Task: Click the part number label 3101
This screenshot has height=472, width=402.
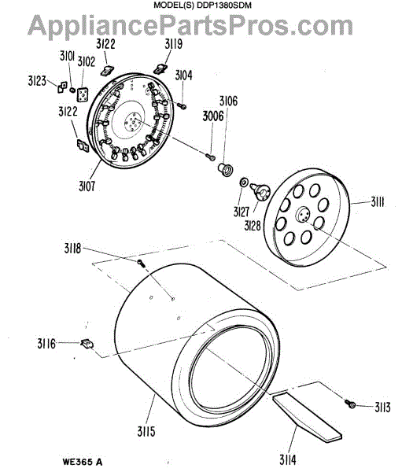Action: coord(67,56)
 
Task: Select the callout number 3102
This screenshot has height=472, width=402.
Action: coord(86,61)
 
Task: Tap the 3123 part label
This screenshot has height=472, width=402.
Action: coord(37,81)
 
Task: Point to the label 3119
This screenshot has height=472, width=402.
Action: coord(173,44)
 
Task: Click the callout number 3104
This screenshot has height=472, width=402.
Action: coord(183,76)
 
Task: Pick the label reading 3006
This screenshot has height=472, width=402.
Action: coord(213,116)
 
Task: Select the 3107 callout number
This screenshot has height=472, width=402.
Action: coord(87,186)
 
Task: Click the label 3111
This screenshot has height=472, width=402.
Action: coord(377,203)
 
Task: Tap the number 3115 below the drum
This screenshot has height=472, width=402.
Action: coord(146,432)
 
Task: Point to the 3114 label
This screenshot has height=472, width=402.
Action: coord(288,460)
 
